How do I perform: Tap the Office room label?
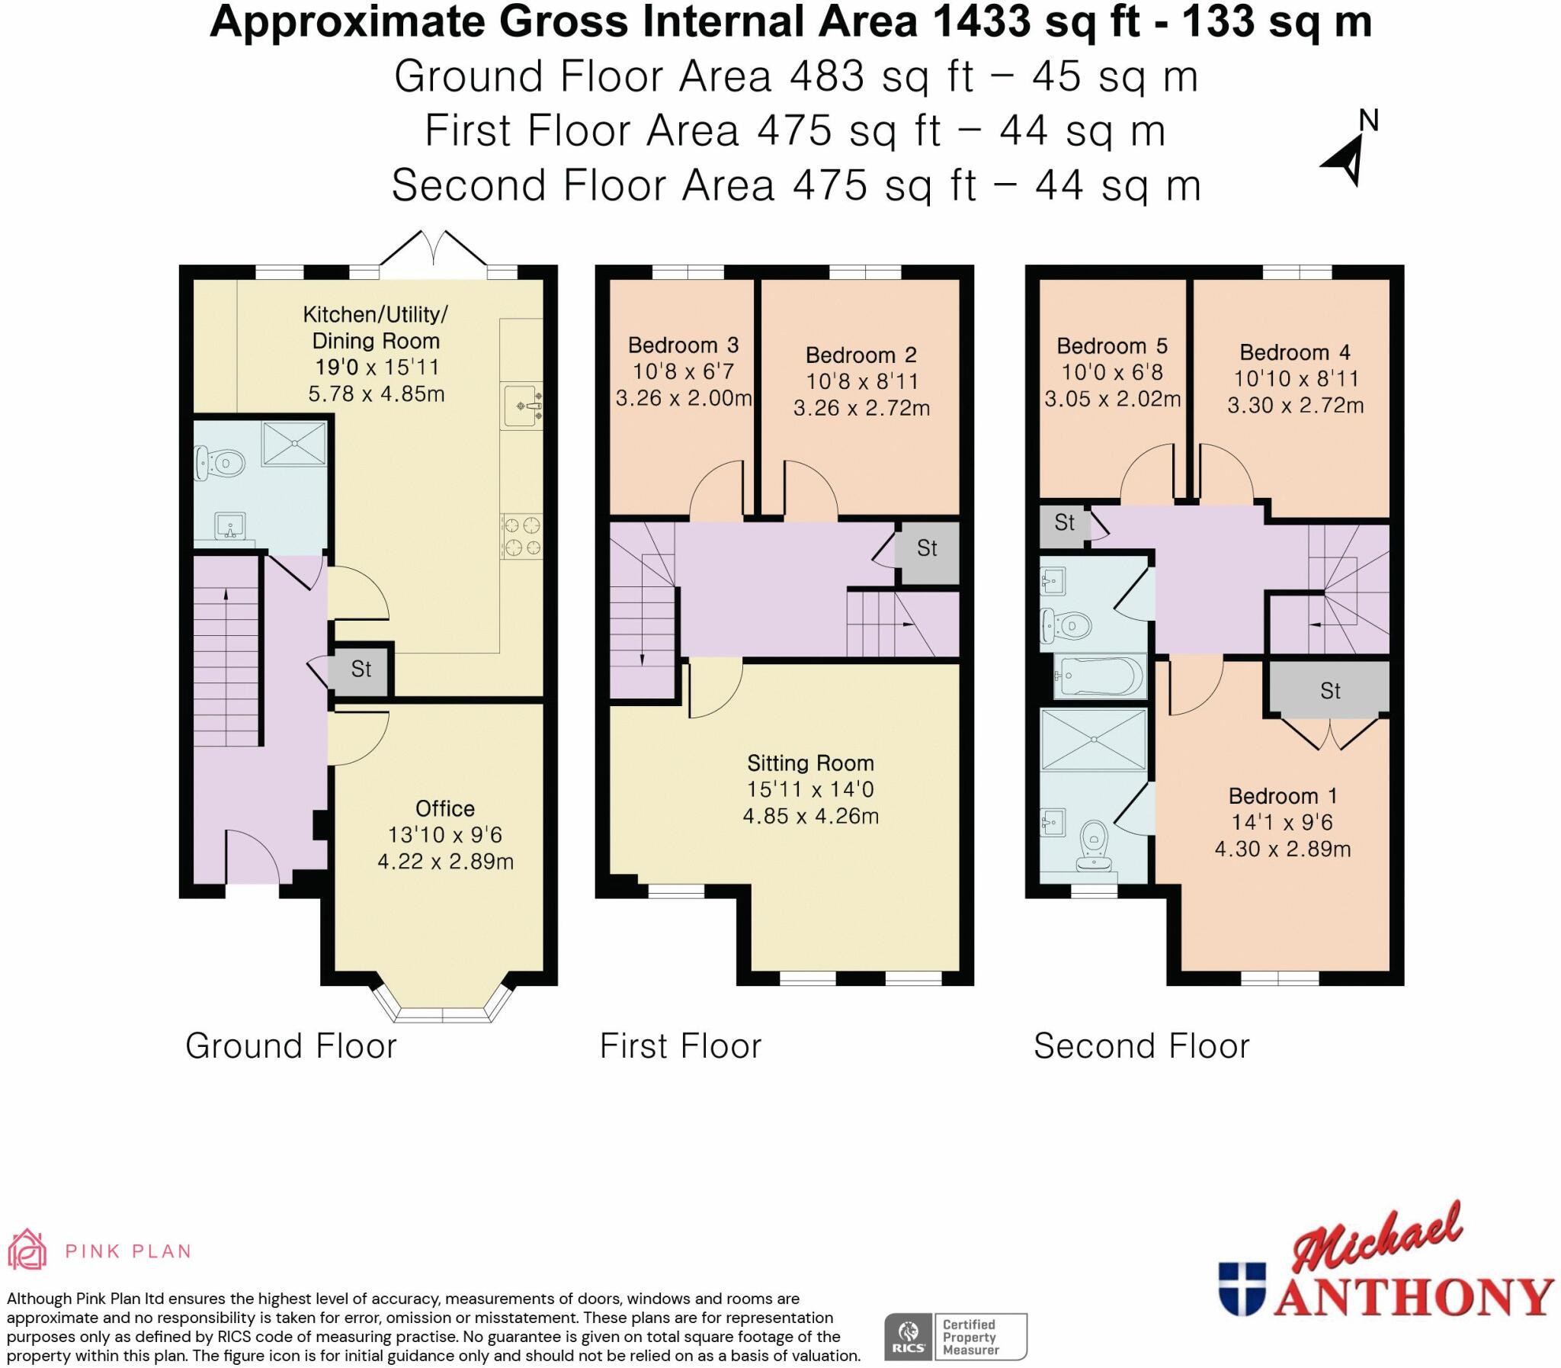click(x=445, y=808)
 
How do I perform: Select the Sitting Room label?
click(x=810, y=763)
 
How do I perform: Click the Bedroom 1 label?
click(x=1283, y=796)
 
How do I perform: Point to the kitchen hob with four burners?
click(x=522, y=536)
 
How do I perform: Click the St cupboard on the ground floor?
click(x=361, y=670)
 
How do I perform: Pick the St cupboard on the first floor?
click(x=927, y=548)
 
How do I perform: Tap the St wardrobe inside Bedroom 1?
click(x=1330, y=690)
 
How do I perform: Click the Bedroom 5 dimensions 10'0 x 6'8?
click(x=1111, y=373)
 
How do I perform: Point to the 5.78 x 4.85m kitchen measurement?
click(x=376, y=394)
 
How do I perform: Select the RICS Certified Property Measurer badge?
click(x=955, y=1337)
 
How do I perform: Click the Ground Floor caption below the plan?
click(x=291, y=1046)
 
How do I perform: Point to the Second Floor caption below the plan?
click(x=1141, y=1046)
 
